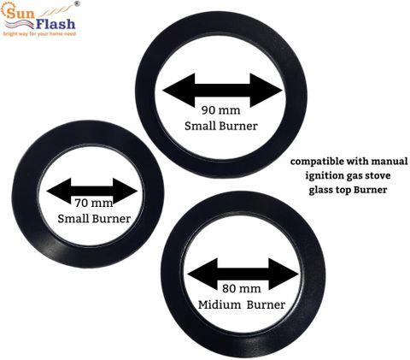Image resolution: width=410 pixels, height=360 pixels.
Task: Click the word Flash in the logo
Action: click(56, 24)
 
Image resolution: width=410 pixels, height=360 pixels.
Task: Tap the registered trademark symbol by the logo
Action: click(77, 3)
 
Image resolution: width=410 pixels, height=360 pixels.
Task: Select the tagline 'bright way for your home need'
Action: click(39, 34)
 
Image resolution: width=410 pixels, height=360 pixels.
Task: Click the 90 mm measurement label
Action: click(221, 110)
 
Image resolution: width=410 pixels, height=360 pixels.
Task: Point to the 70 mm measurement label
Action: click(94, 203)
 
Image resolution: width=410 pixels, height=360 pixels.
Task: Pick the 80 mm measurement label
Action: click(242, 288)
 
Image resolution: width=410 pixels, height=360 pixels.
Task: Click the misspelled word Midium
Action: click(220, 304)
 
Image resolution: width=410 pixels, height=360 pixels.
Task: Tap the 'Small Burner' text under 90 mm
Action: click(221, 126)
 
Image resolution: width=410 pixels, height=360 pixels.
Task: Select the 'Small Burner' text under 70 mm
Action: click(94, 219)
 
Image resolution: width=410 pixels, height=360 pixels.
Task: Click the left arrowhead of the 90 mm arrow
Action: click(179, 90)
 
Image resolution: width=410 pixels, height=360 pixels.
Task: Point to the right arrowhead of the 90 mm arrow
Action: click(266, 90)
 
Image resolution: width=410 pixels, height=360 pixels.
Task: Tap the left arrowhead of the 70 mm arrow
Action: click(59, 191)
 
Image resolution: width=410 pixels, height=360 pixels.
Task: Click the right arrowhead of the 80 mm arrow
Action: click(284, 274)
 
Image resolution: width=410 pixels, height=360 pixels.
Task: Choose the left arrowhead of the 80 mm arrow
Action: click(202, 274)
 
